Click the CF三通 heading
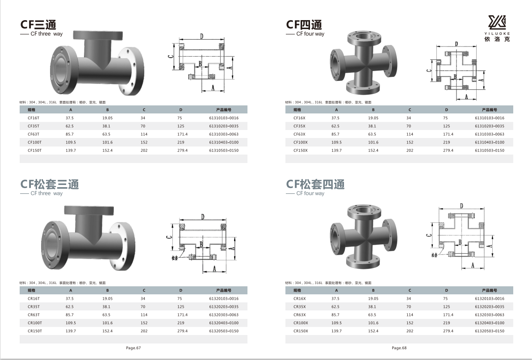(38, 25)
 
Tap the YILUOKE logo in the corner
(497, 29)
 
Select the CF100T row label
(34, 142)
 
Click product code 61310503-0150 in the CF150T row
(224, 151)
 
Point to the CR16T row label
(34, 299)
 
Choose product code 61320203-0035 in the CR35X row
(490, 307)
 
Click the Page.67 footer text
(134, 348)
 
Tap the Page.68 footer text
(399, 348)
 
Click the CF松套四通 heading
(315, 184)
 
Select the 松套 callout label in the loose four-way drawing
(435, 255)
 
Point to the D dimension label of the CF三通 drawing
(201, 36)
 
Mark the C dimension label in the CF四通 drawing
(429, 71)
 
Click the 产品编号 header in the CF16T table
(224, 110)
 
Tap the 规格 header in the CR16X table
(297, 290)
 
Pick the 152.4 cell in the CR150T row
(107, 331)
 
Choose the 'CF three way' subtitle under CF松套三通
(46, 193)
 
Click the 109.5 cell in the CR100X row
(336, 323)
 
